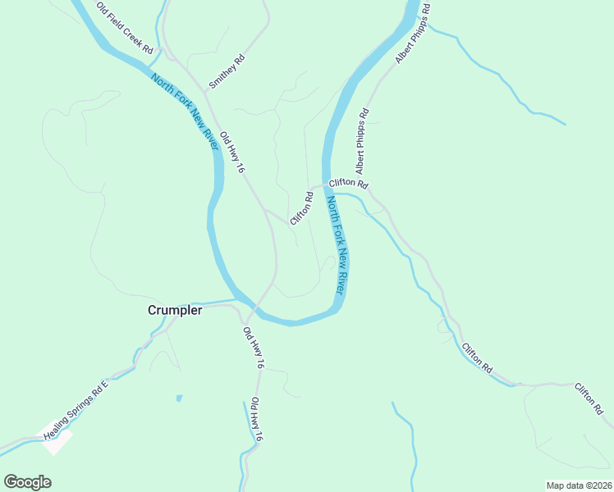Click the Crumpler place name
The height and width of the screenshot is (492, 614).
point(175,310)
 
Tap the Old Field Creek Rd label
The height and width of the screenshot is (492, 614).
point(125,29)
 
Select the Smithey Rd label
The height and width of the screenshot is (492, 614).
point(227,71)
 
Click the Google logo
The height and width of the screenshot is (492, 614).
point(27,482)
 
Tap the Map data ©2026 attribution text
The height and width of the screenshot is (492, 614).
point(579,485)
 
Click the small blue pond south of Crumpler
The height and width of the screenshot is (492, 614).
point(178,399)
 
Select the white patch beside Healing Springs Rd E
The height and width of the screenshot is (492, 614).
point(56,441)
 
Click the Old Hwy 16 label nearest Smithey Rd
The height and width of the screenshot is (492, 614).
point(233,153)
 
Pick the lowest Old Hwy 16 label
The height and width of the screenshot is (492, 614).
point(255,421)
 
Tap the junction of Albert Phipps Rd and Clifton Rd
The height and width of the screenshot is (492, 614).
point(369,190)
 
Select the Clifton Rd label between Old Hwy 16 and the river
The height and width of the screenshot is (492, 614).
point(302,209)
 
